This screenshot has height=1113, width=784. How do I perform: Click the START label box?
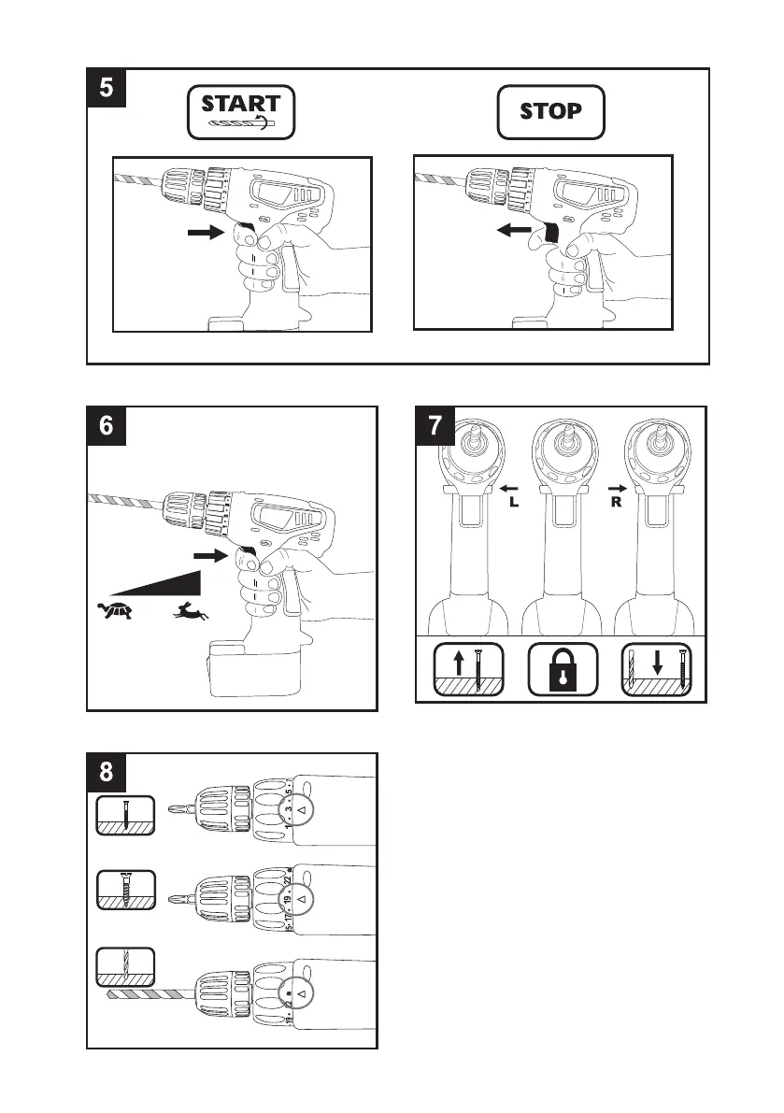click(x=241, y=112)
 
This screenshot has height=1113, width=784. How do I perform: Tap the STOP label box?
click(x=550, y=111)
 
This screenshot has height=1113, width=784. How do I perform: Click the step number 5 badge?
click(x=107, y=88)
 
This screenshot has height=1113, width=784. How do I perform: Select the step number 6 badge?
click(x=107, y=426)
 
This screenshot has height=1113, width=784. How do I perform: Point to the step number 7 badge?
click(x=435, y=427)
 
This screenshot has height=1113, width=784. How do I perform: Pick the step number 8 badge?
click(x=107, y=773)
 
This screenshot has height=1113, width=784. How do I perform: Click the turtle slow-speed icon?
click(x=115, y=610)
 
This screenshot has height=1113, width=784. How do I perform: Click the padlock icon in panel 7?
click(x=563, y=667)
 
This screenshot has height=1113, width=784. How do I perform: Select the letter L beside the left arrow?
click(x=512, y=502)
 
